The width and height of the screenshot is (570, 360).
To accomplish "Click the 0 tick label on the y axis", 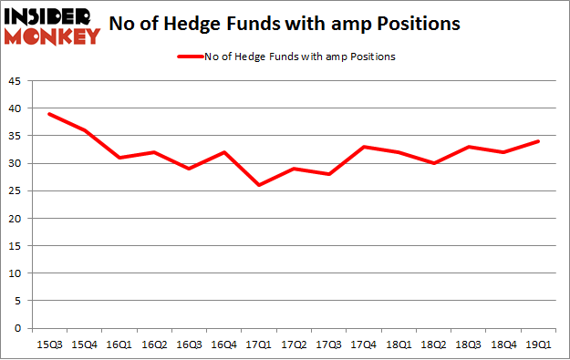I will coord(20,328).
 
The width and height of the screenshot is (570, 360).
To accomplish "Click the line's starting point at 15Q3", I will coord(49,114).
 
